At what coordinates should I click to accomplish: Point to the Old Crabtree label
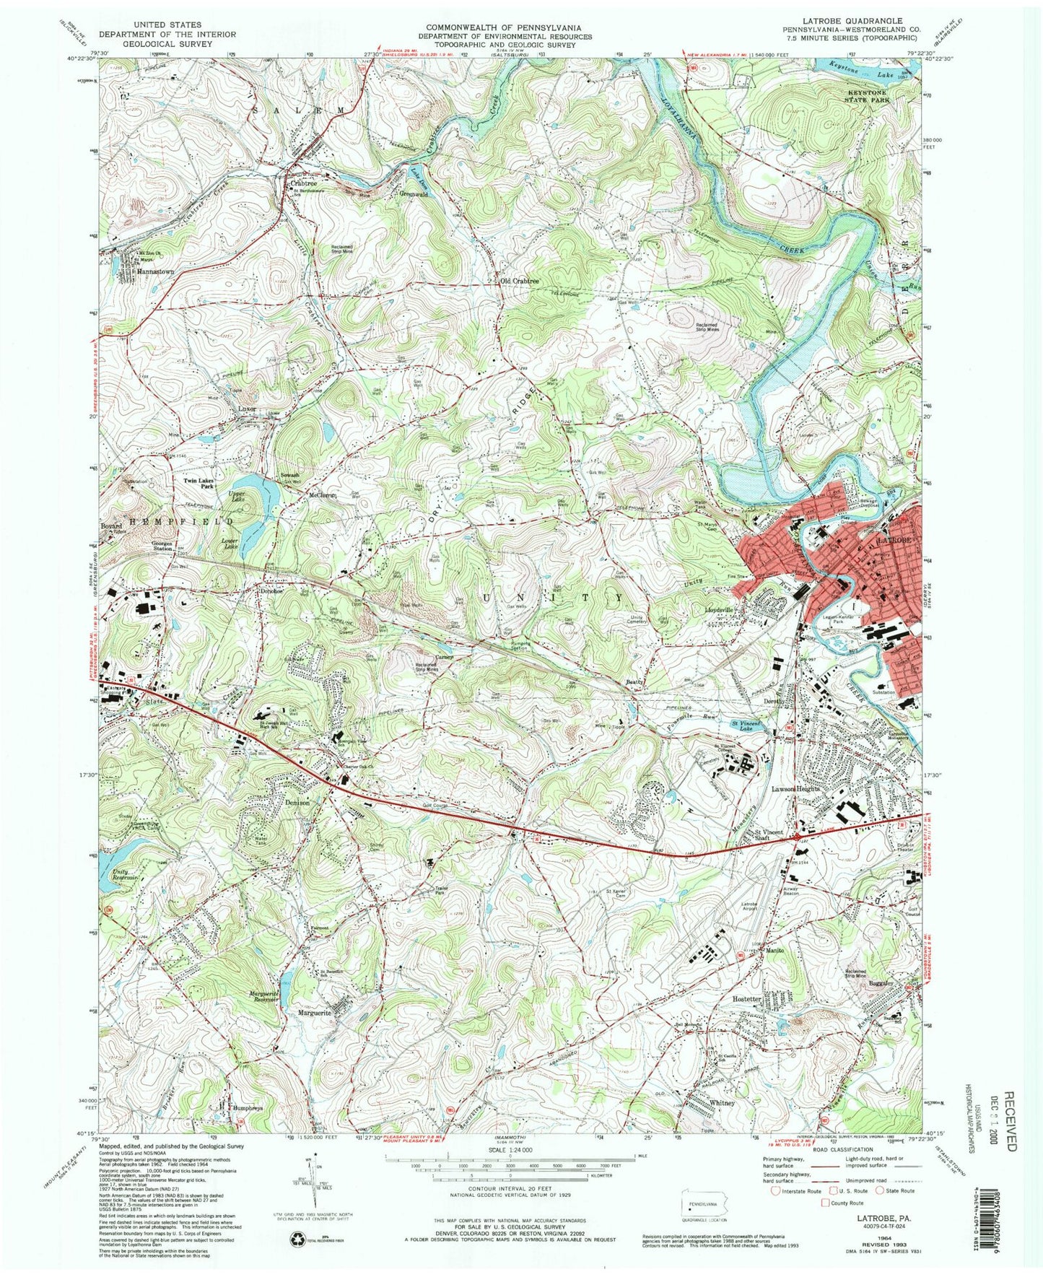516,280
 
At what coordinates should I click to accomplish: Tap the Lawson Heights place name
797,789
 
